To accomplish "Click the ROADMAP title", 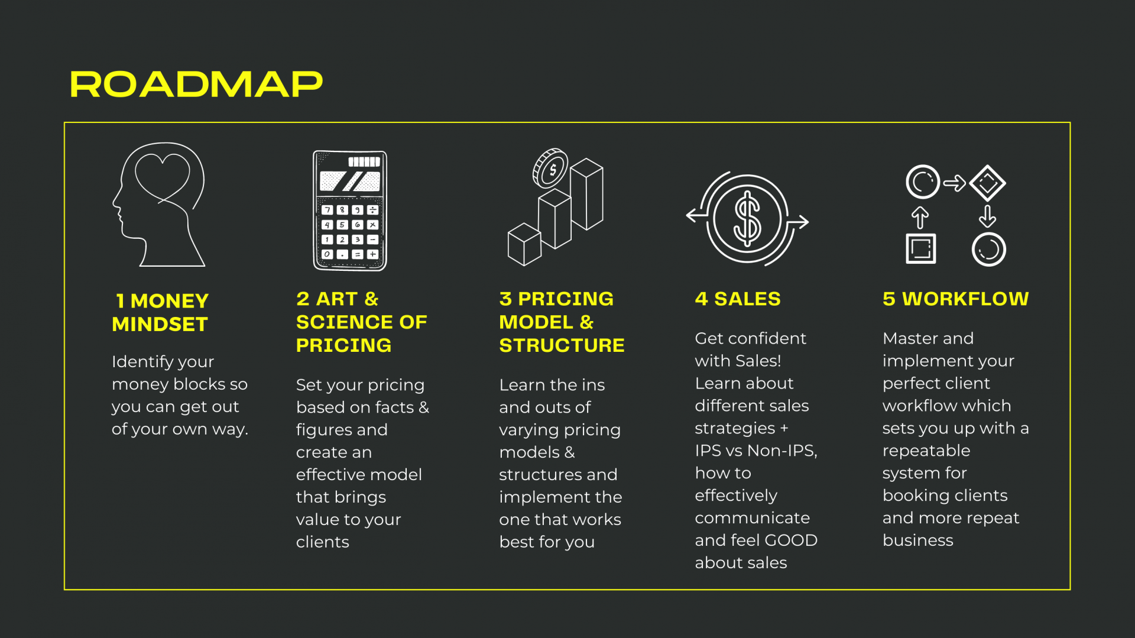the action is [196, 84].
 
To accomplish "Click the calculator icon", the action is [350, 210].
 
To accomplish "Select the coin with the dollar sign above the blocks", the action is [550, 169].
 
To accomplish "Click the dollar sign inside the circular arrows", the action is [747, 219].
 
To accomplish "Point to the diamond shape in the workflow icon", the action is [987, 183].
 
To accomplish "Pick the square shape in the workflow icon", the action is [921, 248].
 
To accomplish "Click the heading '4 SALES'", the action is [738, 299].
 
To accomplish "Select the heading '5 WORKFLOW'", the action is [956, 299].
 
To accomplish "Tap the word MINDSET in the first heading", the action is [160, 324].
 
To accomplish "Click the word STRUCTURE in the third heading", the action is [562, 345].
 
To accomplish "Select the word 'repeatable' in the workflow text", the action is [926, 451].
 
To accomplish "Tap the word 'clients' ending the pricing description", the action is [323, 542].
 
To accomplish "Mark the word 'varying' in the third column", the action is [527, 430].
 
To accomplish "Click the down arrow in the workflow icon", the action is [987, 216].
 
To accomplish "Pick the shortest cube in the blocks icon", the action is [524, 244].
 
